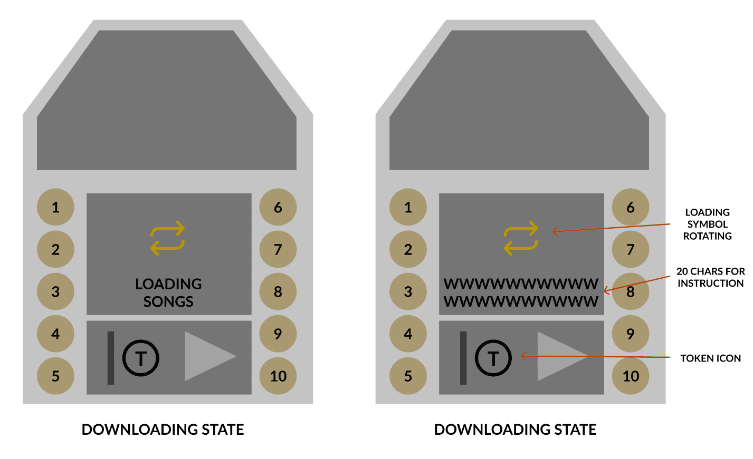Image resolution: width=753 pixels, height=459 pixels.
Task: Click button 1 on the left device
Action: pyautogui.click(x=55, y=207)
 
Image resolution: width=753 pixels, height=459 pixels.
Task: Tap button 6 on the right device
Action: pyautogui.click(x=630, y=207)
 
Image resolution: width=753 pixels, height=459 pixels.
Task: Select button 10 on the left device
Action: pyautogui.click(x=278, y=376)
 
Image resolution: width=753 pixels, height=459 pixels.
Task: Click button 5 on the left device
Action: pyautogui.click(x=55, y=376)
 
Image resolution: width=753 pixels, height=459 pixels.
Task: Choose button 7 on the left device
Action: pyautogui.click(x=278, y=249)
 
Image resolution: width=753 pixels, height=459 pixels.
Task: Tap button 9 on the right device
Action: pyautogui.click(x=630, y=334)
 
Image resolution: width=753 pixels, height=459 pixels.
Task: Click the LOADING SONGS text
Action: pyautogui.click(x=168, y=292)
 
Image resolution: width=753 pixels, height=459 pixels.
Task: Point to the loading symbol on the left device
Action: pyautogui.click(x=168, y=238)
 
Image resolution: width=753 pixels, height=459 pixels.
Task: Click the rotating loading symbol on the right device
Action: pyautogui.click(x=521, y=238)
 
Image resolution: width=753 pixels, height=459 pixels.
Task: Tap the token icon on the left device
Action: pyautogui.click(x=141, y=358)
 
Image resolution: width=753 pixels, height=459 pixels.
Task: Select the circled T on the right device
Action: pyautogui.click(x=493, y=358)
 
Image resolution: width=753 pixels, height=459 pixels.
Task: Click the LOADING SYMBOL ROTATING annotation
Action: pyautogui.click(x=707, y=224)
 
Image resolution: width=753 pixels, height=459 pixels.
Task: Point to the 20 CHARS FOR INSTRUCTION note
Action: pyautogui.click(x=710, y=277)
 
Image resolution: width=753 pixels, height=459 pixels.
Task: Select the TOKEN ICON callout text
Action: pyautogui.click(x=710, y=358)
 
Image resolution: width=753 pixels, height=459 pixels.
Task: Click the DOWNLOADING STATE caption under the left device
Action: pyautogui.click(x=163, y=429)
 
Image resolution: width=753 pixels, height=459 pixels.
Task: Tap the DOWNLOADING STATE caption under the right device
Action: pyautogui.click(x=515, y=429)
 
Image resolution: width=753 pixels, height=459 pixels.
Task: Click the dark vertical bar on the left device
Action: pyautogui.click(x=111, y=358)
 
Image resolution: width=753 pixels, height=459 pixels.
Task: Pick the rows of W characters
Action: pyautogui.click(x=521, y=292)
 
